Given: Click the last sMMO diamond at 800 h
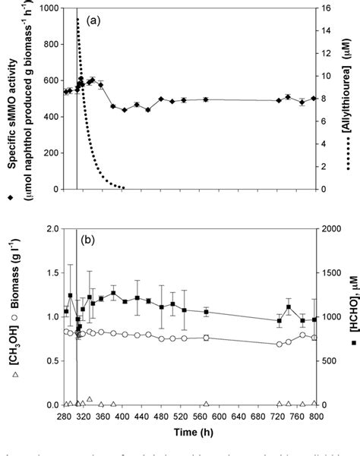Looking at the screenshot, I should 314,97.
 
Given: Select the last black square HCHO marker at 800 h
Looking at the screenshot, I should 314,319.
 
